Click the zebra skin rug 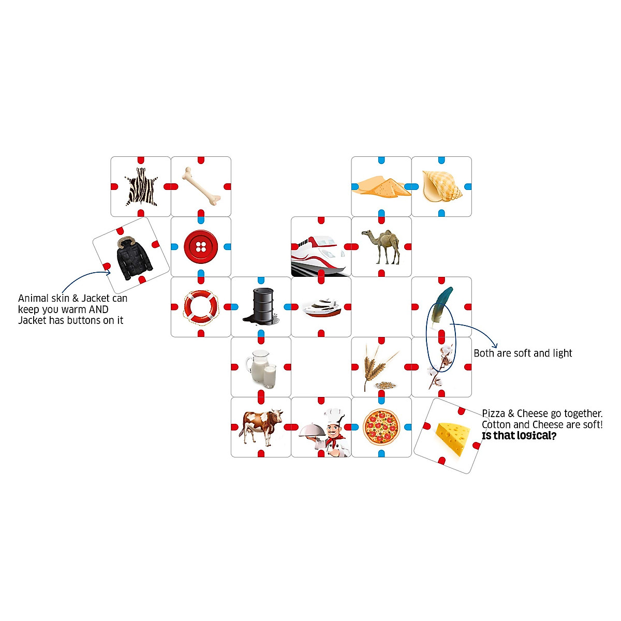pyautogui.click(x=141, y=187)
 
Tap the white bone pyautogui.click(x=201, y=185)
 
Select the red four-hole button pyautogui.click(x=201, y=246)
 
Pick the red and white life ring pyautogui.click(x=201, y=306)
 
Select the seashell pyautogui.click(x=441, y=186)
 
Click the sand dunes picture pyautogui.click(x=381, y=187)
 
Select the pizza pyautogui.click(x=381, y=427)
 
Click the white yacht pyautogui.click(x=321, y=307)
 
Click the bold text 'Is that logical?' pyautogui.click(x=519, y=436)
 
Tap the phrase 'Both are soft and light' pyautogui.click(x=523, y=353)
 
